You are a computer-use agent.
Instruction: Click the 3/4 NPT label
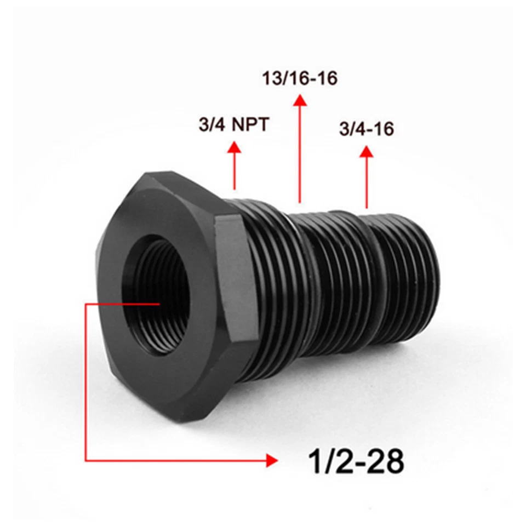tap(233, 125)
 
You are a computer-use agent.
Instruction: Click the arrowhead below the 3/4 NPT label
tap(235, 146)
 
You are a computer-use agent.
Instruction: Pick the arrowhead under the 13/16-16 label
tap(299, 100)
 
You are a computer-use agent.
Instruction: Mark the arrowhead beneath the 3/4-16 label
tap(366, 151)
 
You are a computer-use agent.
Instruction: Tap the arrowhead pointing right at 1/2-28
tap(271, 460)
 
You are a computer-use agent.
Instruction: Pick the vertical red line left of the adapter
tap(85, 384)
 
